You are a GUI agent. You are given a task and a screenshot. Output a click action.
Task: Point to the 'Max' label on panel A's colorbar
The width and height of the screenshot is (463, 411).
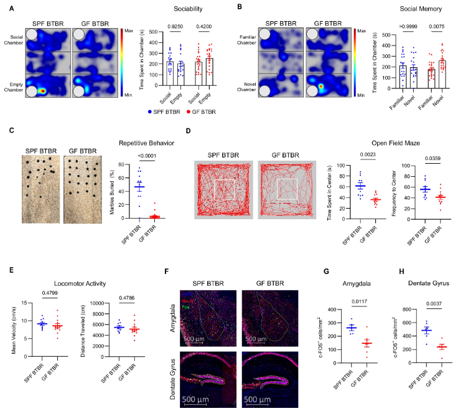point(128,30)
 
